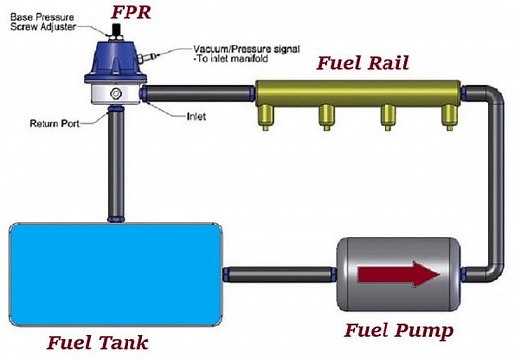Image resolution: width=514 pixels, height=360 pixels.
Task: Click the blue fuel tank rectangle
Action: point(115,272)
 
